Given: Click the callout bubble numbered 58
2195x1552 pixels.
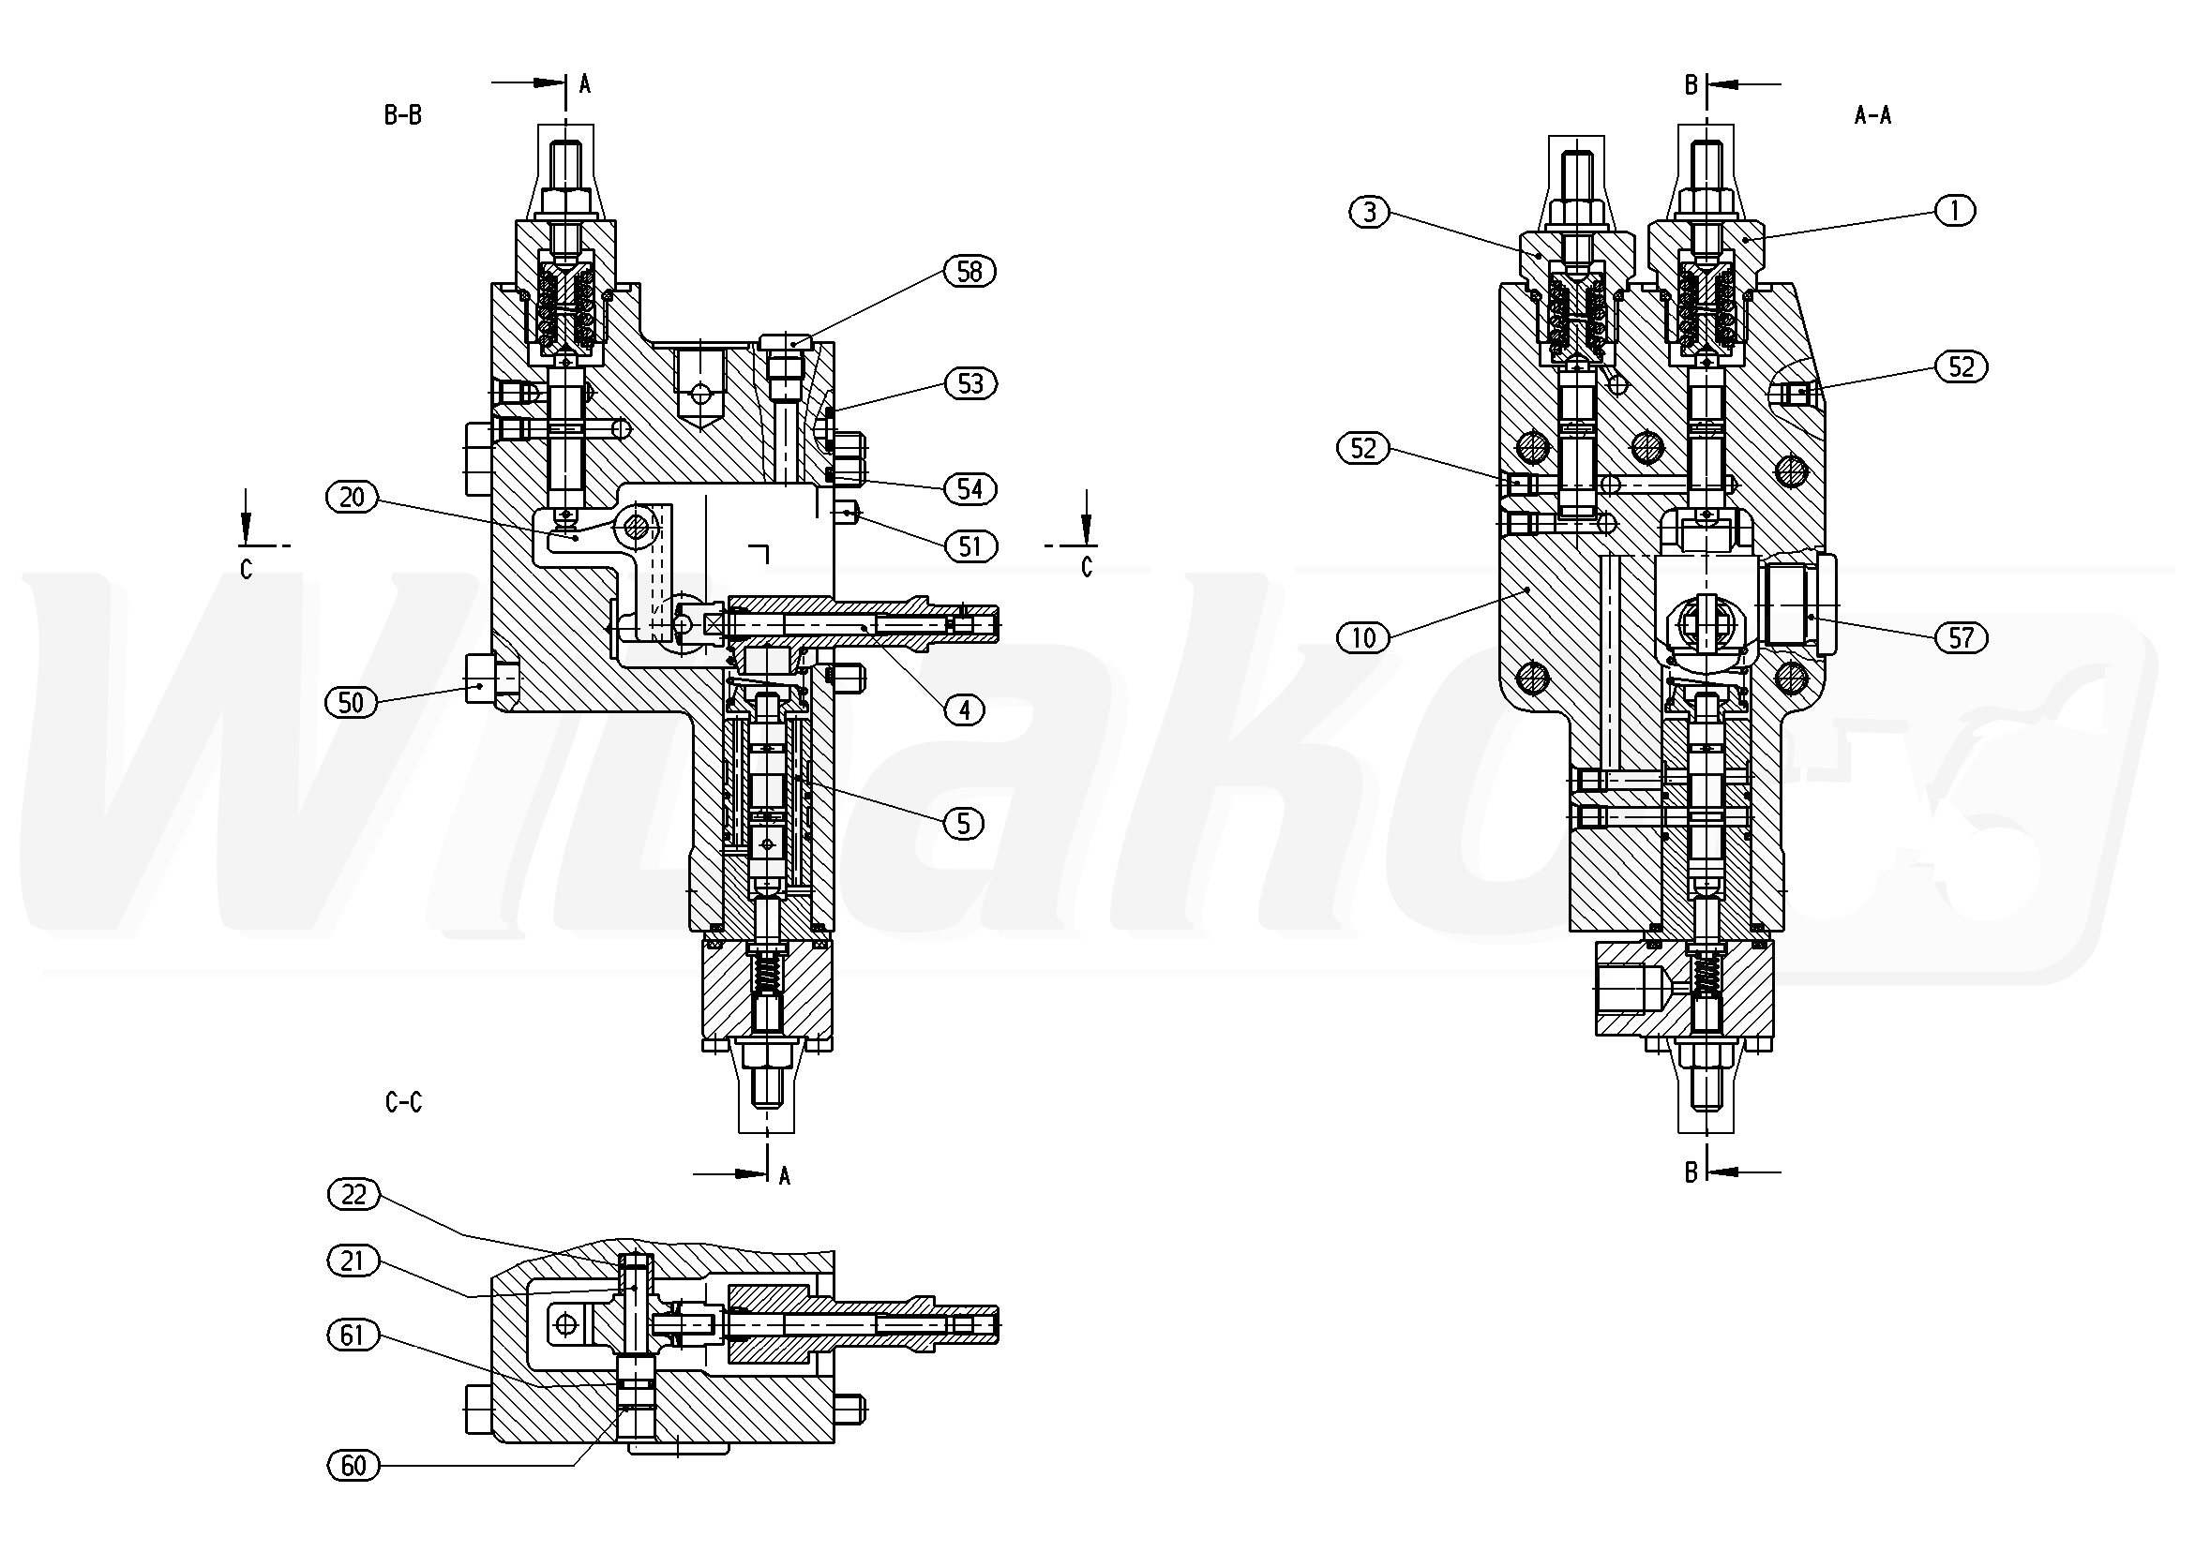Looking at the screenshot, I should click(x=970, y=272).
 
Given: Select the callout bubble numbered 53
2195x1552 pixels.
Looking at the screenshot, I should click(x=970, y=383).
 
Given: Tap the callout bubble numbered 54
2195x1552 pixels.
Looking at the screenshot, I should click(x=970, y=489).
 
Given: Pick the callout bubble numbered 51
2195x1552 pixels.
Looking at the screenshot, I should click(x=970, y=546).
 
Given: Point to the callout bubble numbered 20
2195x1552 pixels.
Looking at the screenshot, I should click(x=353, y=497).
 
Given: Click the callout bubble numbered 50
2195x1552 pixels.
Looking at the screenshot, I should click(x=352, y=702).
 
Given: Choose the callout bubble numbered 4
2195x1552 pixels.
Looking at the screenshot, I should click(x=964, y=710).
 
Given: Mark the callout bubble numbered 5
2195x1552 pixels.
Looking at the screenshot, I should click(x=963, y=823).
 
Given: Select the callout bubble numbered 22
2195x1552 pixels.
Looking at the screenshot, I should click(x=353, y=1195).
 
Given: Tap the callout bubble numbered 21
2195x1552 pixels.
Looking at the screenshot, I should click(x=353, y=1261).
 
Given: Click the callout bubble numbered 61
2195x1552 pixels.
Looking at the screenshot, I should click(x=353, y=1335).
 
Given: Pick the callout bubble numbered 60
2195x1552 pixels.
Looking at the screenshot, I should click(x=353, y=1465).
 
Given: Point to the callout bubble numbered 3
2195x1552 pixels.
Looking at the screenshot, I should click(x=1370, y=211).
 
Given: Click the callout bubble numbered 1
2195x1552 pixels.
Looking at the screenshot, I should click(x=1955, y=210).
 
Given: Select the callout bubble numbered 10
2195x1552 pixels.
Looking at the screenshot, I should click(x=1363, y=636).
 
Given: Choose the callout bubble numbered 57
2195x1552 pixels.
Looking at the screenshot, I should click(x=1961, y=637).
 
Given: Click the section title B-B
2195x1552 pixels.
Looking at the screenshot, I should click(x=402, y=115).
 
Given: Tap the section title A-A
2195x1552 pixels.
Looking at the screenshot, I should click(x=1872, y=115).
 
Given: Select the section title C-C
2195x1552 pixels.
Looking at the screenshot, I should click(x=403, y=1103).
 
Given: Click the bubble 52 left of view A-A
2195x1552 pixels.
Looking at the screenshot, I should click(x=1363, y=448).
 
